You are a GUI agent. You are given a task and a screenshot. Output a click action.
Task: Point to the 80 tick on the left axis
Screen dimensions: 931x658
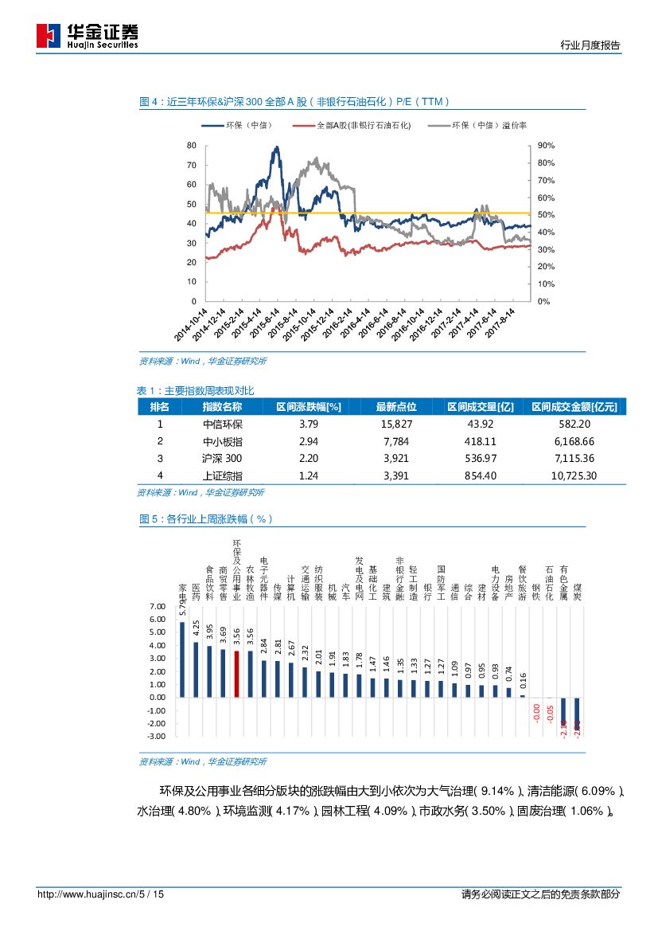[x=191, y=146]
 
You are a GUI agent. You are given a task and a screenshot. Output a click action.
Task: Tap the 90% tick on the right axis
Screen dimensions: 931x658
[x=546, y=146]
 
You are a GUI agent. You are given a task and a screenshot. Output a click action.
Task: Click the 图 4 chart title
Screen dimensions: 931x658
[x=294, y=101]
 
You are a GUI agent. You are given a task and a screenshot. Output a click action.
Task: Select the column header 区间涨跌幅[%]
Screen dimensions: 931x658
[x=308, y=406]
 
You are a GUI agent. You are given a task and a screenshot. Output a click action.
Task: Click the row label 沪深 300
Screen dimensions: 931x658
[x=222, y=459]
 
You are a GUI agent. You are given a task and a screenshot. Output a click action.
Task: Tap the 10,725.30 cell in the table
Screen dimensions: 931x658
[x=574, y=476]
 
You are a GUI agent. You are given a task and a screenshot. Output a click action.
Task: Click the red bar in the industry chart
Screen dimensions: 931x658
[x=236, y=674]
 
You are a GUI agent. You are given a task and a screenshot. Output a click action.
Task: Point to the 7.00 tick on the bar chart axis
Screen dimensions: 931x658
[x=158, y=606]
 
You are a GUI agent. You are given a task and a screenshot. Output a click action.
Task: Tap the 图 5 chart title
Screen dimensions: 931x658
[x=206, y=518]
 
